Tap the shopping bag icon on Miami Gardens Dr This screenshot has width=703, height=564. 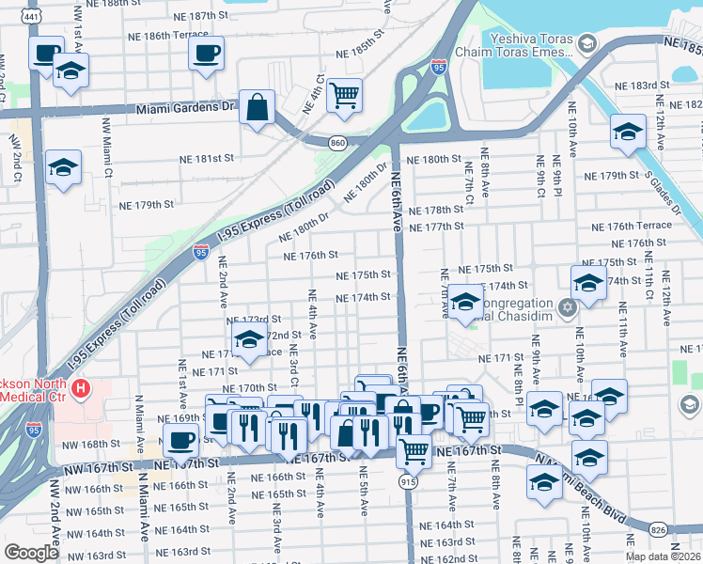click(257, 108)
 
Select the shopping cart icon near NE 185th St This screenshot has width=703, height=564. click(345, 94)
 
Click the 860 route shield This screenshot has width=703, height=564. click(337, 142)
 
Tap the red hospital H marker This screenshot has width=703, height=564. click(82, 387)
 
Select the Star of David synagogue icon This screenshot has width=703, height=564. click(567, 307)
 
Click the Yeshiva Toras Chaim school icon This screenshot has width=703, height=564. click(586, 44)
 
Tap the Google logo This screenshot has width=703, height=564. click(31, 553)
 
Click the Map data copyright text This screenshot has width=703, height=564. click(663, 556)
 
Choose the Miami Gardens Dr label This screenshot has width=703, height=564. click(183, 108)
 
